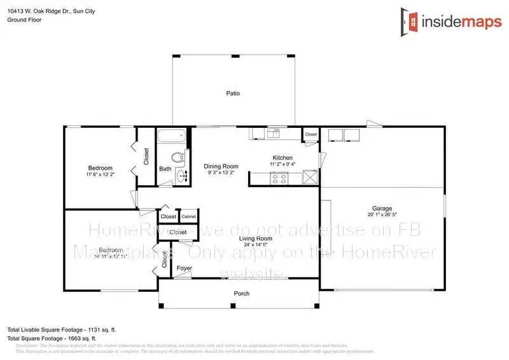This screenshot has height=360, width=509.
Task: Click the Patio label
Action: click(233, 93)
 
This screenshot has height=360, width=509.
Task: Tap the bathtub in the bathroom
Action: click(171, 136)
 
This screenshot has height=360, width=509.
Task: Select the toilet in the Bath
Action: click(178, 158)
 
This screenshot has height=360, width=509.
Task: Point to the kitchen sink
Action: click(275, 133)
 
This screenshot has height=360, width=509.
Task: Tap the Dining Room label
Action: click(221, 166)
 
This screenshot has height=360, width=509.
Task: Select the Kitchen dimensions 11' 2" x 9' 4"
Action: click(282, 165)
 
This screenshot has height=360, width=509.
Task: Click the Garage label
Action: click(382, 209)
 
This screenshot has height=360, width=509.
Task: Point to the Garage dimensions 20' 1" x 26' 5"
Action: click(382, 216)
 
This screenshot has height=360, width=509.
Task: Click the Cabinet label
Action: click(188, 217)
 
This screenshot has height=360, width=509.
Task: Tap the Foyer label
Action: click(185, 268)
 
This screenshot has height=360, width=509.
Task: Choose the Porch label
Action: click(242, 294)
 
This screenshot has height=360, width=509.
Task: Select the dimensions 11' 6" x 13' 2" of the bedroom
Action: click(100, 174)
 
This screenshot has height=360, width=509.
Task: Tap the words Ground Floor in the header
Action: click(23, 20)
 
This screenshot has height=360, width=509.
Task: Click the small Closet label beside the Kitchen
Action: click(310, 135)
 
